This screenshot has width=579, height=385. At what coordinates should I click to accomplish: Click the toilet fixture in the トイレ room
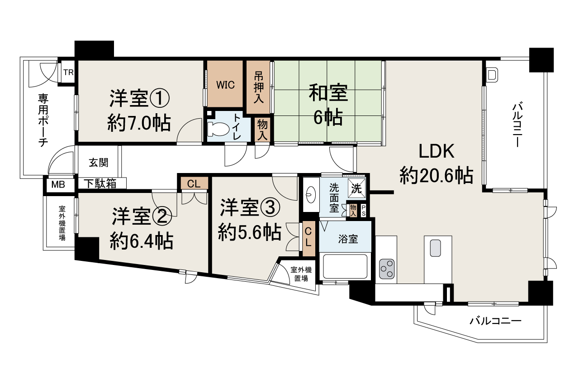218,128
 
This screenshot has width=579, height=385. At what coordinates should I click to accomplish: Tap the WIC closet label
225,85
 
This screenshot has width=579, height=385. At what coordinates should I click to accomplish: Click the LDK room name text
436,152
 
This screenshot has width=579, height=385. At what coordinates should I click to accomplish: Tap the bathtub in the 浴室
345,267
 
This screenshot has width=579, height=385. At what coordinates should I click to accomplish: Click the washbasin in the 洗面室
311,195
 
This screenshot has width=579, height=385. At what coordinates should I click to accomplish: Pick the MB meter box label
57,184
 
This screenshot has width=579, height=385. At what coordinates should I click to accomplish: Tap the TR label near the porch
68,72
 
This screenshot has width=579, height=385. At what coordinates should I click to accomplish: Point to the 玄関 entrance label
98,162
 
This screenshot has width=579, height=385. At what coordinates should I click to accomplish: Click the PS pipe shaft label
363,211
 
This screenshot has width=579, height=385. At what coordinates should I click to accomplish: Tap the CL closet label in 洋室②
194,183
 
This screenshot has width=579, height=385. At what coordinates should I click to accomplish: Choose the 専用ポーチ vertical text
43,120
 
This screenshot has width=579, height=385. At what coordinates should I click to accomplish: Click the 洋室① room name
139,98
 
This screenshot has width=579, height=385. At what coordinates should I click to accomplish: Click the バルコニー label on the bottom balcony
495,321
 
